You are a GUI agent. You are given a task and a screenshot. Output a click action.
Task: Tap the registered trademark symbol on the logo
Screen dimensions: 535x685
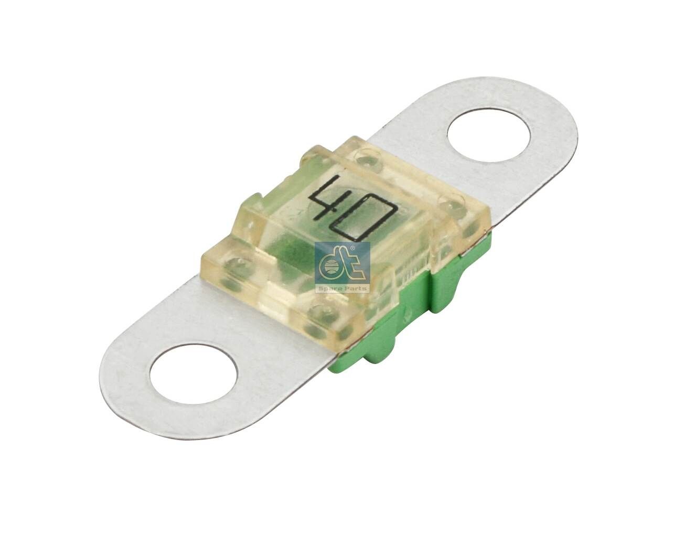tap(352, 248)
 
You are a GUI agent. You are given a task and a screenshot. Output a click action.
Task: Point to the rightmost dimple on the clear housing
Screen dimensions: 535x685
tap(451, 203)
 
